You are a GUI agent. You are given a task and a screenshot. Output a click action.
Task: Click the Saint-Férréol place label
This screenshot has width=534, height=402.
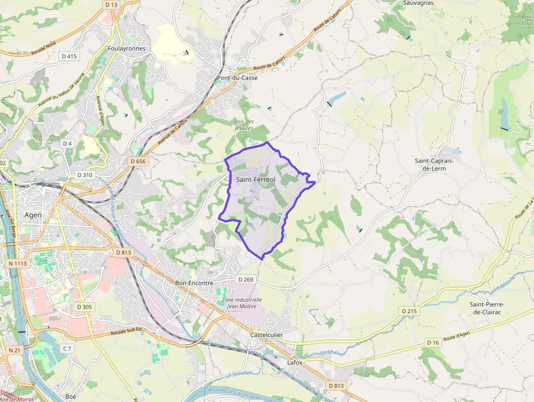click(256, 179)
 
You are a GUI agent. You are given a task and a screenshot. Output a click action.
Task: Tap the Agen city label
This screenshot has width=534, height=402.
click(33, 215)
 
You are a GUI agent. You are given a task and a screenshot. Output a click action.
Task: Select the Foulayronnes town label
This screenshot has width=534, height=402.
click(127, 49)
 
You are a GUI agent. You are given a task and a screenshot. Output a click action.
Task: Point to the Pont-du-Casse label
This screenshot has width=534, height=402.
click(237, 78)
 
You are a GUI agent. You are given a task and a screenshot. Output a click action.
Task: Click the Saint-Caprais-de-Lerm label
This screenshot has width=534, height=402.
click(438, 164)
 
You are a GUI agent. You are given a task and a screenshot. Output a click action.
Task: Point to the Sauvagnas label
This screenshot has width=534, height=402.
click(418, 3)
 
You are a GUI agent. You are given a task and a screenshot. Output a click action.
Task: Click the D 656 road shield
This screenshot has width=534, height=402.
click(138, 161)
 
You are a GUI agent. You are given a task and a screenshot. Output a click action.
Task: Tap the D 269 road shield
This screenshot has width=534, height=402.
click(246, 279)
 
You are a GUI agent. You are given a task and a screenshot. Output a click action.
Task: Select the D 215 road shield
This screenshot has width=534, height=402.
click(409, 311)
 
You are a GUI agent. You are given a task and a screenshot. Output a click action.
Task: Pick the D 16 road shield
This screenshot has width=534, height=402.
click(433, 342)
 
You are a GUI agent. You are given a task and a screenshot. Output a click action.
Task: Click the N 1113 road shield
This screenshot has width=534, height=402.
click(18, 263)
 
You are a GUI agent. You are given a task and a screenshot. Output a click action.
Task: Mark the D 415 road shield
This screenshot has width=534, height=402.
click(69, 56)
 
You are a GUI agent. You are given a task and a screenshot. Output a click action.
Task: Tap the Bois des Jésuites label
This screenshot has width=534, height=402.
click(244, 124)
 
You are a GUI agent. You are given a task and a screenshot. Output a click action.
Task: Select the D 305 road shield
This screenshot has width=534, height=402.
click(84, 307)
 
